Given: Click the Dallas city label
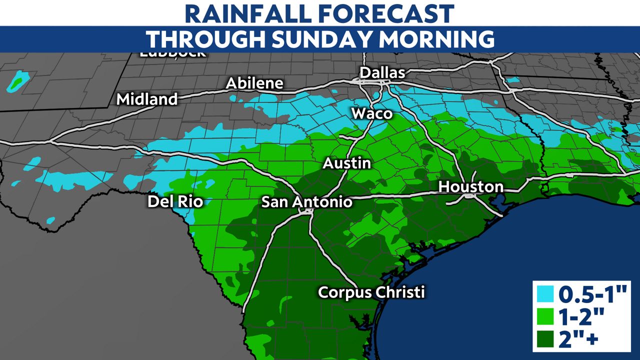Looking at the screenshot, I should click(x=382, y=73).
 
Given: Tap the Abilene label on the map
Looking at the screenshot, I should click(x=254, y=83).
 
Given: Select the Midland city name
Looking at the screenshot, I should click(x=147, y=99).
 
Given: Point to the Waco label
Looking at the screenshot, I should click(x=372, y=113).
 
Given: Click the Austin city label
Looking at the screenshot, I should click(x=346, y=163).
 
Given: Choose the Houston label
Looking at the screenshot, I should click(x=470, y=187).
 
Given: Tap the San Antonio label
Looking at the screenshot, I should click(x=307, y=202).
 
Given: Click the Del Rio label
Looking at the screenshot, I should click(x=175, y=202).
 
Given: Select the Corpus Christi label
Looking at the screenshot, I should click(x=371, y=291).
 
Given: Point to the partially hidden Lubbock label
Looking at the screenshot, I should click(x=172, y=53).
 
